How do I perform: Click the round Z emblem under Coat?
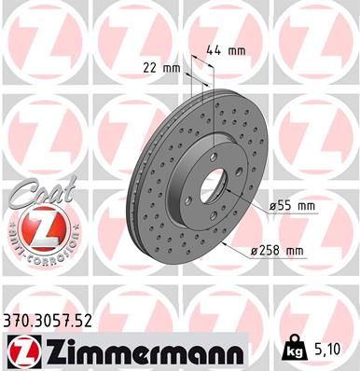click(36, 226)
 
